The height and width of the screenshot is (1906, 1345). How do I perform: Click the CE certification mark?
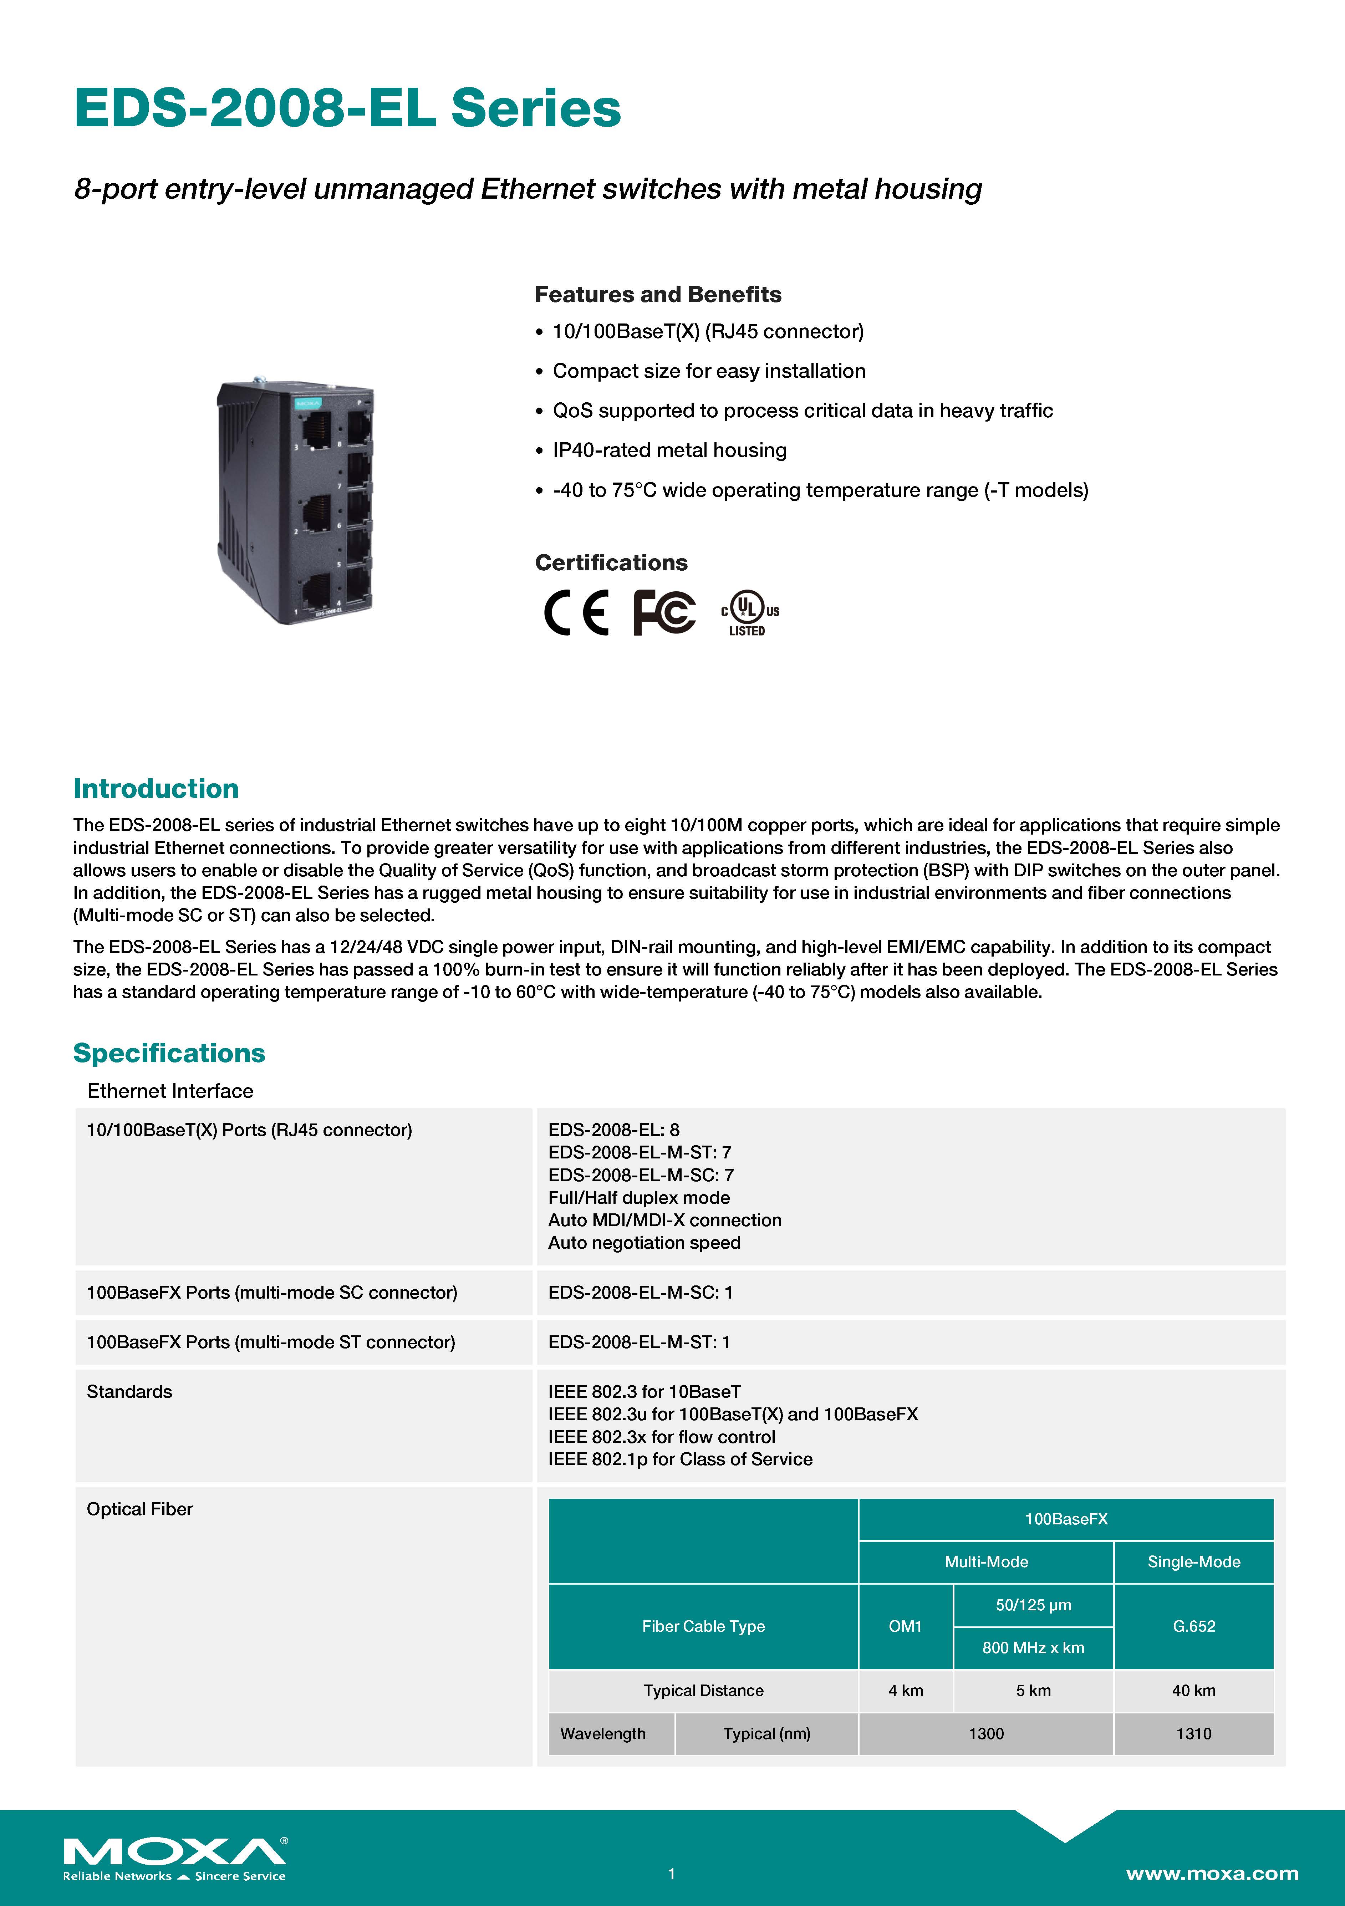pos(576,613)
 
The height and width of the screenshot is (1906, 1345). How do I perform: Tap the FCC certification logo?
pos(664,613)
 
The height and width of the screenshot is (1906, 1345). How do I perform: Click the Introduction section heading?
pos(156,789)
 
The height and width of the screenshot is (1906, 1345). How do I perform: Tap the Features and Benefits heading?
pos(658,295)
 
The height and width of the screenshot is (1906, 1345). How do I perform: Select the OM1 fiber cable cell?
pos(905,1626)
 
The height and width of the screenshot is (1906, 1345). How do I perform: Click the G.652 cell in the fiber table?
pos(1193,1626)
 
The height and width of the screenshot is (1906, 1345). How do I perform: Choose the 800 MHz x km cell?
pos(1033,1648)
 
